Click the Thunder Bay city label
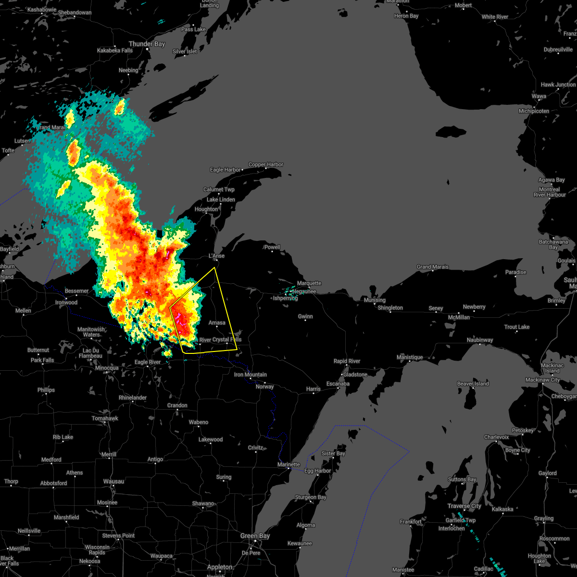[147, 44]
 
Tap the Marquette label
[309, 283]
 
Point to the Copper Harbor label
[265, 164]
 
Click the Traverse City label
[464, 506]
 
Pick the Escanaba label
[338, 384]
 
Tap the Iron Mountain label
[250, 375]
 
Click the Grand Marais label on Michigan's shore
[432, 267]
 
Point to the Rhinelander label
[133, 398]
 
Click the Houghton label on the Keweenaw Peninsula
[206, 209]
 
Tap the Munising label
[375, 301]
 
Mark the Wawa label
[539, 96]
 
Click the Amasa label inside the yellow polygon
[217, 323]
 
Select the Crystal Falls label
[227, 339]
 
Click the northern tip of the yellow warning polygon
[214, 268]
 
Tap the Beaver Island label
[473, 384]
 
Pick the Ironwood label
[66, 302]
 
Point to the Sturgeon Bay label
[310, 497]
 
